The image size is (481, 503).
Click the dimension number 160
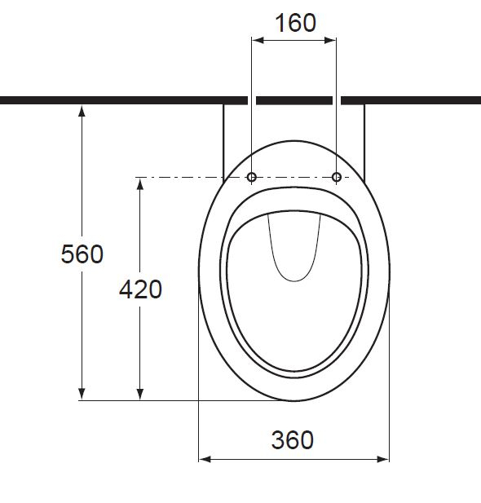[294, 23]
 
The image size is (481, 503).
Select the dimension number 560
[82, 254]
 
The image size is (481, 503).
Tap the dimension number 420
[141, 289]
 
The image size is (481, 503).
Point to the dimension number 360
[292, 440]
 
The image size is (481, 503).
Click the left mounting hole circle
[252, 177]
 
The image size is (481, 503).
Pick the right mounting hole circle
[336, 177]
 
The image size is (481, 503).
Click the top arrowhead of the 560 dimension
[82, 111]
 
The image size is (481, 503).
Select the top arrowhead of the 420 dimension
[141, 183]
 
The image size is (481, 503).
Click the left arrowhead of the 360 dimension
[205, 459]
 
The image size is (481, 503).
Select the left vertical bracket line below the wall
[223, 139]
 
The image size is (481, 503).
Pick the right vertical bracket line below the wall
[364, 139]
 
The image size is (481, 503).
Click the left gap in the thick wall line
[252, 100]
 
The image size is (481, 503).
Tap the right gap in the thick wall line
[337, 100]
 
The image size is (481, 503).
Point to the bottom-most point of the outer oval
[294, 400]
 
